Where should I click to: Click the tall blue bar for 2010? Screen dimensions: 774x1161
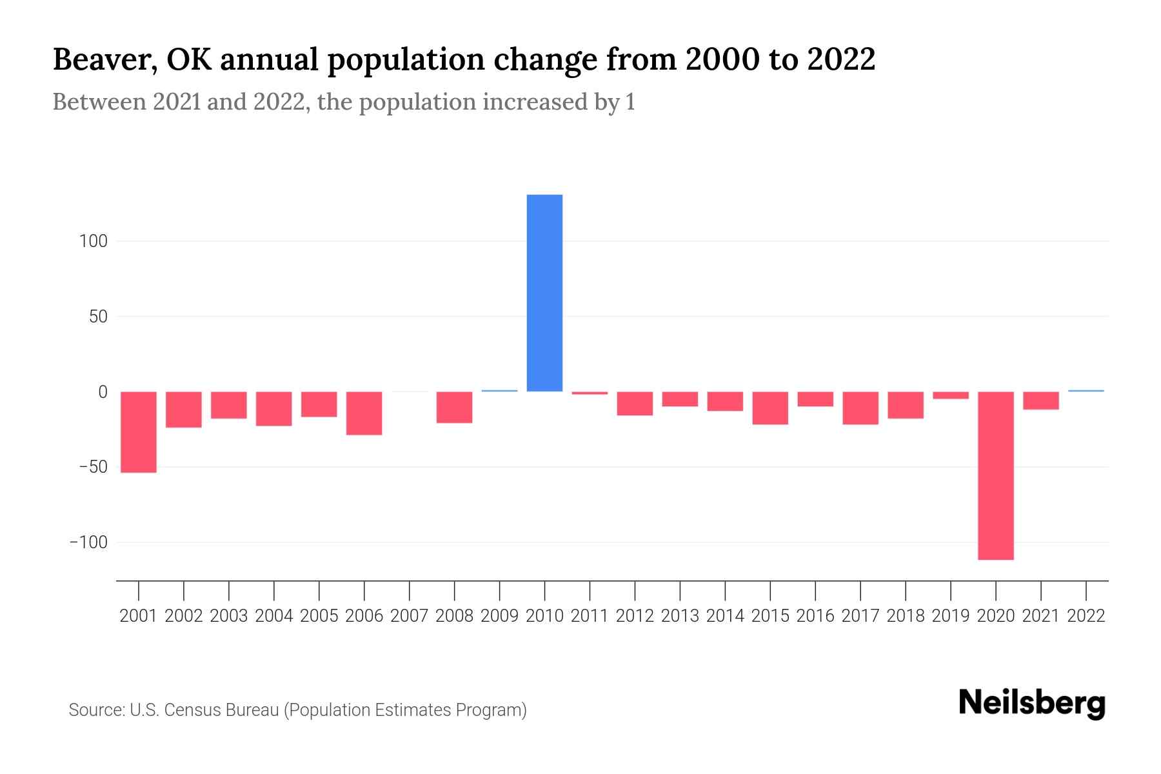click(544, 293)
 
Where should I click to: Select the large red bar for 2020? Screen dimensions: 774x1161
click(995, 475)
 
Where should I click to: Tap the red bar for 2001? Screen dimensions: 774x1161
click(139, 432)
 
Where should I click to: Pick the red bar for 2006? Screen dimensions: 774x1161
click(364, 413)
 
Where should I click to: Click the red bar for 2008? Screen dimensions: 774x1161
click(454, 408)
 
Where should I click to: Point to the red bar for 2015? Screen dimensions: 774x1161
click(770, 408)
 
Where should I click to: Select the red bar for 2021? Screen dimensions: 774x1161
click(1040, 401)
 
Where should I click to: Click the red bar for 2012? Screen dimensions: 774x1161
click(635, 404)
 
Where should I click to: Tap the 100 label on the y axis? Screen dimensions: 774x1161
click(93, 242)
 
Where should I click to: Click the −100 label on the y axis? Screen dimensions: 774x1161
click(88, 542)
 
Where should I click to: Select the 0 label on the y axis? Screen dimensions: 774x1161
click(102, 392)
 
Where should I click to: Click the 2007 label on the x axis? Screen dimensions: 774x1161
click(409, 616)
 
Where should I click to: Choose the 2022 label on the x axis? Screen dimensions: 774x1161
click(1086, 616)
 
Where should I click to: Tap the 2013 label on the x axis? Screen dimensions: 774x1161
click(680, 616)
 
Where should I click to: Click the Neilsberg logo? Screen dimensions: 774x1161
click(1031, 703)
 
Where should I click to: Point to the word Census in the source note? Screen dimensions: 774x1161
click(188, 710)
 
